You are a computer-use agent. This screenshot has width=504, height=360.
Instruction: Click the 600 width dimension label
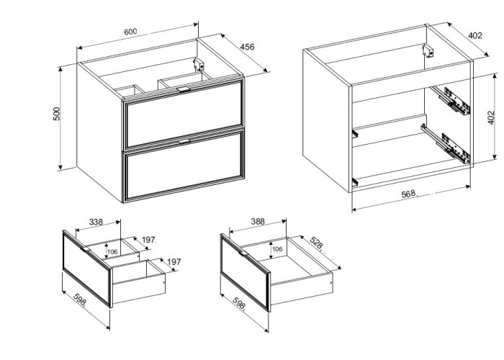(x=130, y=32)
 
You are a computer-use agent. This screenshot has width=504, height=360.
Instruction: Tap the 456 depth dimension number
(x=247, y=47)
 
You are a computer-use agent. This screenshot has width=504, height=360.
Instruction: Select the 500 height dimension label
(x=57, y=114)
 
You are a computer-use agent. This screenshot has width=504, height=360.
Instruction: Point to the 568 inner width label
(x=408, y=194)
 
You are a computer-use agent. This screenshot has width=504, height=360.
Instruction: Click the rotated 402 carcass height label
(x=491, y=117)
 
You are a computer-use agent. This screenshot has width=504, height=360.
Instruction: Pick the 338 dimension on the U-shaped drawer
(x=96, y=222)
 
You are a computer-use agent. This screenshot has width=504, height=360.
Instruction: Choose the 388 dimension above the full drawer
(x=258, y=222)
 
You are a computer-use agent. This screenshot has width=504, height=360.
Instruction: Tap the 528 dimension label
(x=317, y=243)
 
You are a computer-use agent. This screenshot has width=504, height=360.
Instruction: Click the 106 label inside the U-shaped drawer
(x=112, y=252)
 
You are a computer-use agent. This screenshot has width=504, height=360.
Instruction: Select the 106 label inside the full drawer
(x=277, y=249)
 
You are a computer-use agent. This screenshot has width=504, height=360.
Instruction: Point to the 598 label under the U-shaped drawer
(x=80, y=300)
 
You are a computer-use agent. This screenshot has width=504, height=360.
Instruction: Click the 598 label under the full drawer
(x=238, y=303)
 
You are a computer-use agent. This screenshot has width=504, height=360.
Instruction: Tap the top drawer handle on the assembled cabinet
(x=184, y=89)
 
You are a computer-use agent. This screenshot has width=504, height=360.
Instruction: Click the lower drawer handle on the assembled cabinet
(x=184, y=141)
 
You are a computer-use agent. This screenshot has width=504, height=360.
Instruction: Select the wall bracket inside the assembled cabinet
(x=199, y=64)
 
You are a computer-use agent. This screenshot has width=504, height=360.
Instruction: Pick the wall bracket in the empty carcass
(x=428, y=51)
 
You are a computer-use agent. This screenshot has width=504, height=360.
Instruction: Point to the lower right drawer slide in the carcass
(x=446, y=143)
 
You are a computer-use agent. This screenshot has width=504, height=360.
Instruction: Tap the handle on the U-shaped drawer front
(x=86, y=249)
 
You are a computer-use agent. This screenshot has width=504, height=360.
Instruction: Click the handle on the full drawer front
(x=243, y=253)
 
